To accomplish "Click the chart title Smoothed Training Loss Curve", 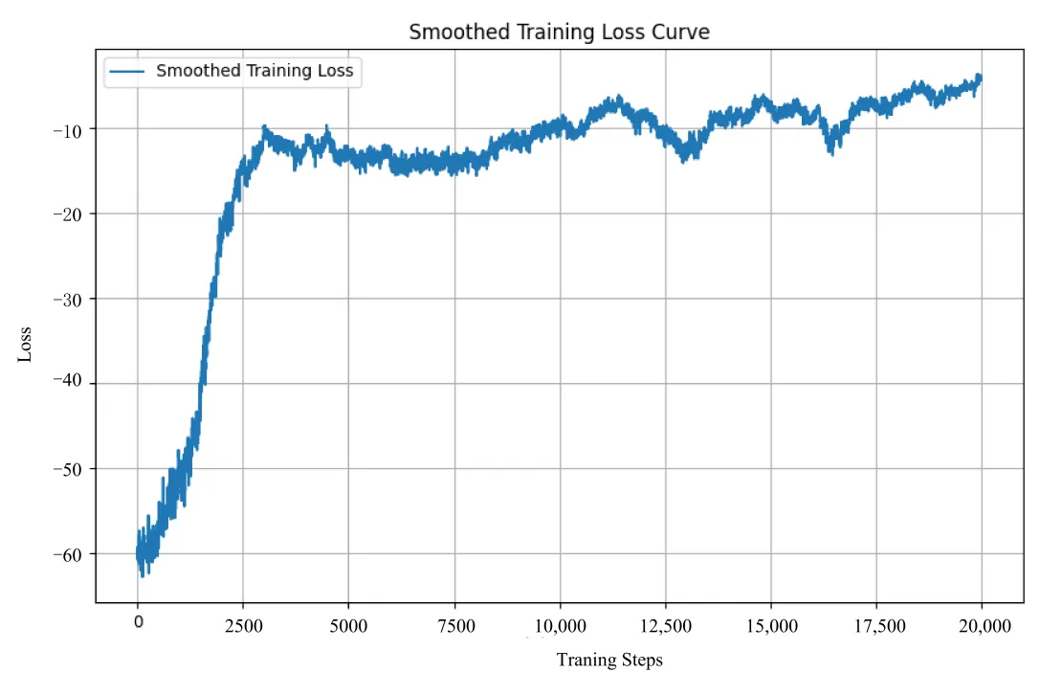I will [559, 32].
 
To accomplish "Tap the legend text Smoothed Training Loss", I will [254, 70].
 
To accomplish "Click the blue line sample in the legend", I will [127, 71].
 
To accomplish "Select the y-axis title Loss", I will [25, 345].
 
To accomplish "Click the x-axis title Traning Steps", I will [609, 660].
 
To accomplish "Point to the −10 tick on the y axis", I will [71, 129].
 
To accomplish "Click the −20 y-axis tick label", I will [71, 214].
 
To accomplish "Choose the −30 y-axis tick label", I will [71, 300].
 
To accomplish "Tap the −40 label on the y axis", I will [71, 384].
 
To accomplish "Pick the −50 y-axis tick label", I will [71, 469].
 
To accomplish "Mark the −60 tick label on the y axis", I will [71, 554].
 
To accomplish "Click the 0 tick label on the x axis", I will [138, 623].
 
